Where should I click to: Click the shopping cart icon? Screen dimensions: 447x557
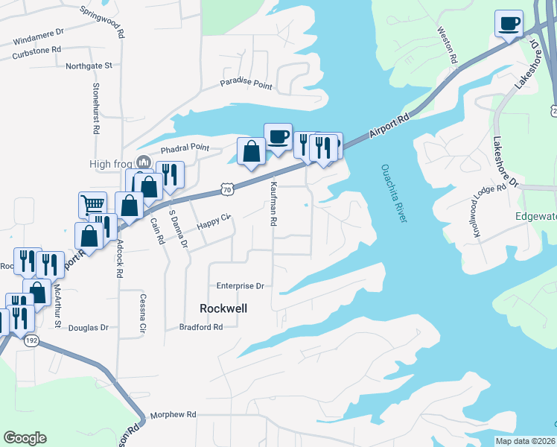pos(92,203)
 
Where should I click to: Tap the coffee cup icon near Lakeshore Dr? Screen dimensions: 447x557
pos(509,23)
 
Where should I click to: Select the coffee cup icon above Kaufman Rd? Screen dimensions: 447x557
pos(278,136)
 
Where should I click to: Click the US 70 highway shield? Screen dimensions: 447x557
pos(228,190)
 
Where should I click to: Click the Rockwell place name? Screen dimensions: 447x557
pos(223,308)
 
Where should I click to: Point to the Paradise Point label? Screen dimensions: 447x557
pos(246,84)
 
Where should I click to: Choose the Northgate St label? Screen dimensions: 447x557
pos(89,66)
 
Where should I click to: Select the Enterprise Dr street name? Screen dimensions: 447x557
pos(241,285)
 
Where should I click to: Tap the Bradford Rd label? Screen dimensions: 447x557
pos(201,326)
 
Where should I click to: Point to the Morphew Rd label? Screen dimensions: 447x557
pos(172,414)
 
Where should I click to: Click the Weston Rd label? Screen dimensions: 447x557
pos(447,45)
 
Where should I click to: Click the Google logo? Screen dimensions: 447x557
pos(25,438)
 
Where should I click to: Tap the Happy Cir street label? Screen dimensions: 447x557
pos(214,221)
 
